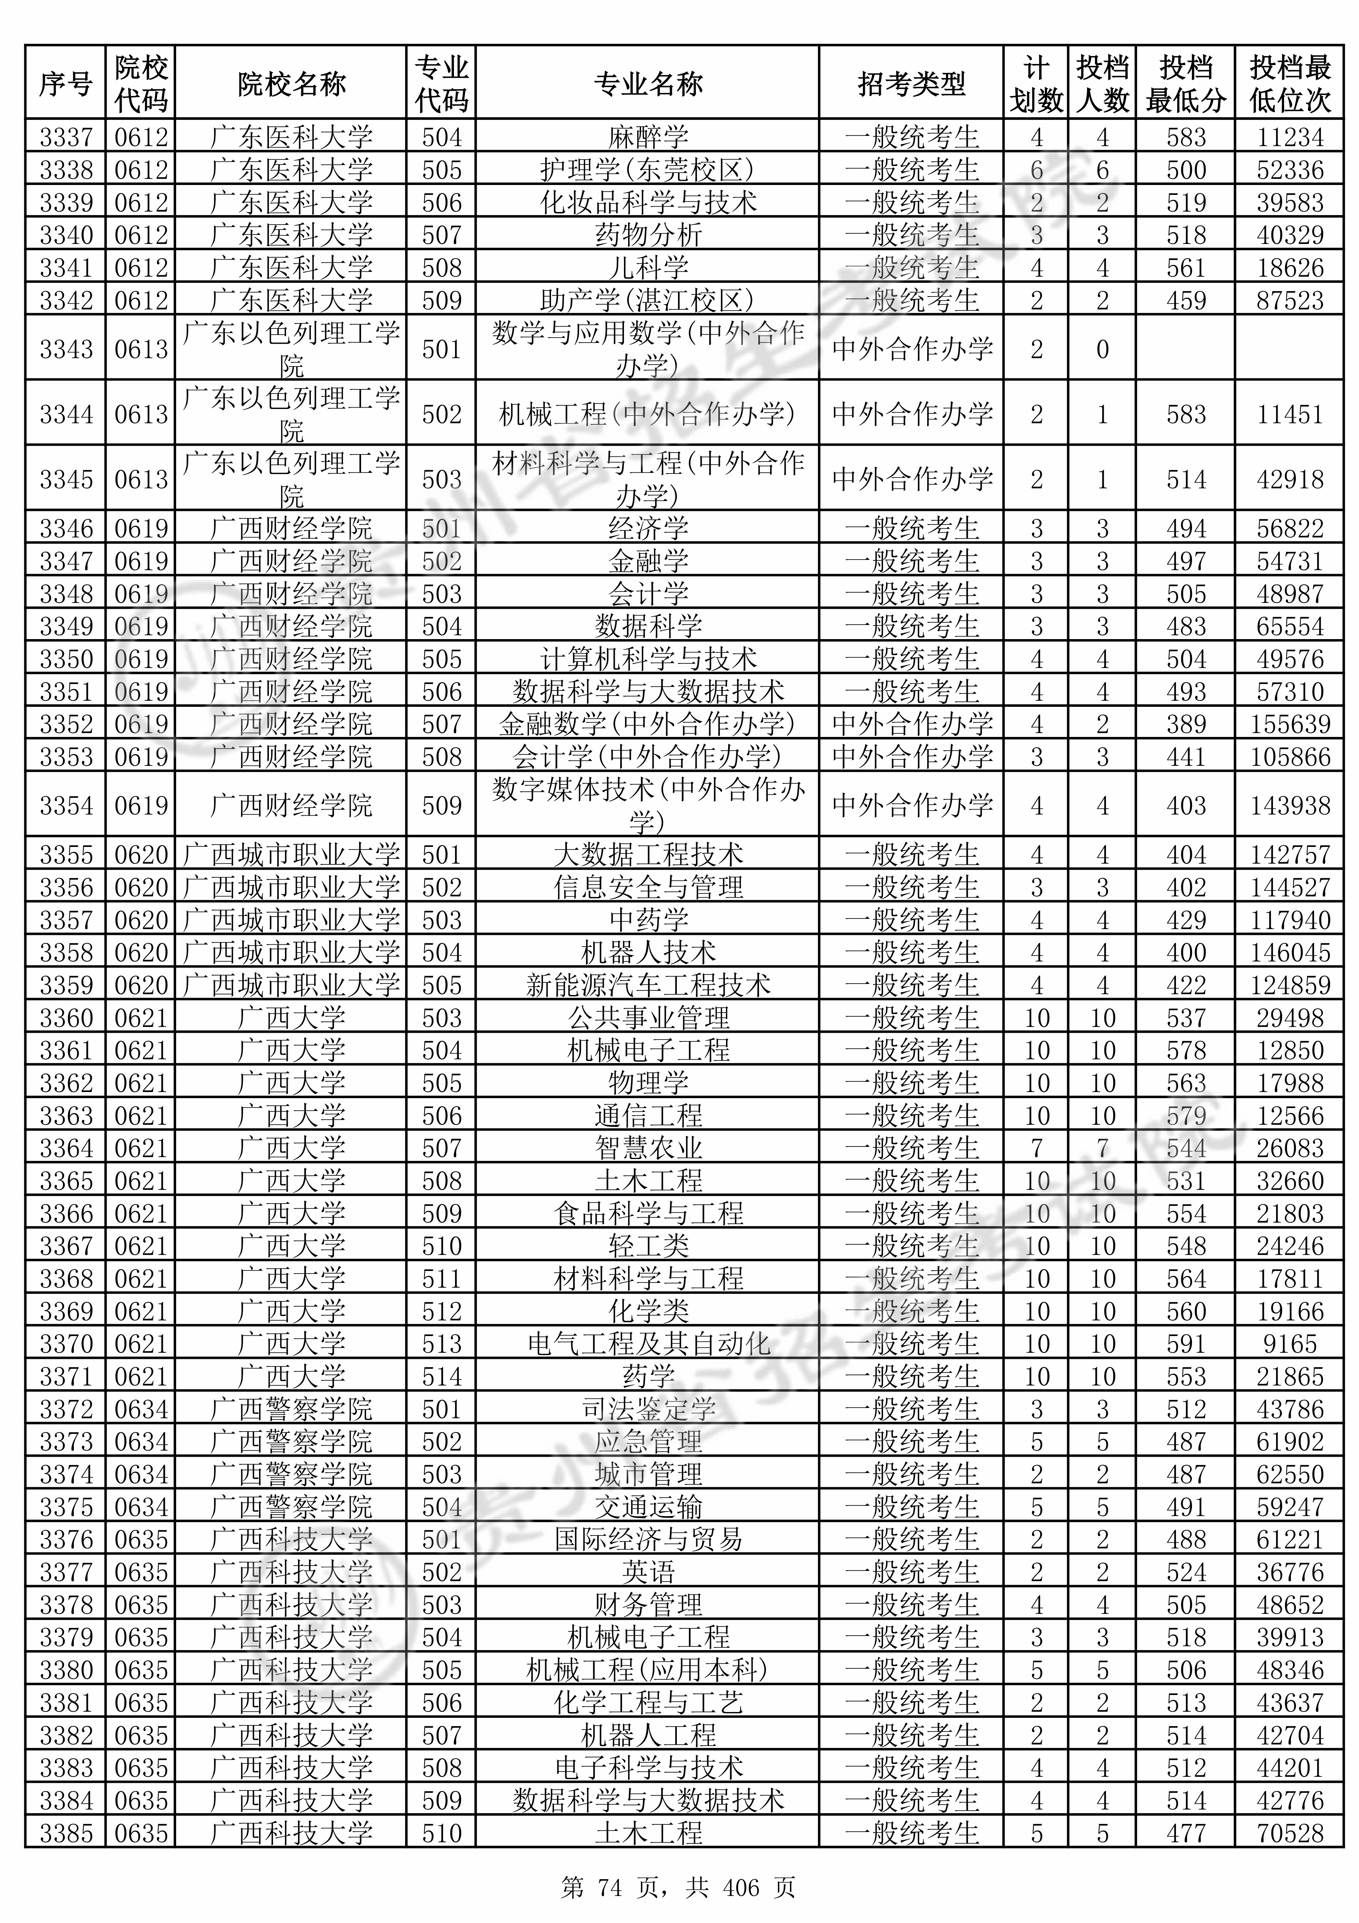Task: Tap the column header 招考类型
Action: [911, 84]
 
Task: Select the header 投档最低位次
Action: [1289, 84]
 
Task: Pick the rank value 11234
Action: [1289, 137]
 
